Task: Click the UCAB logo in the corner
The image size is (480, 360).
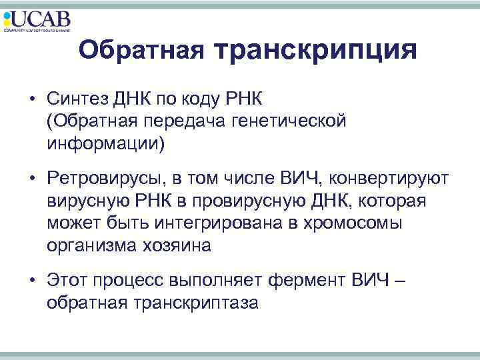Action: point(37,20)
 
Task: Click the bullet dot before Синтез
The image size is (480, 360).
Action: point(32,100)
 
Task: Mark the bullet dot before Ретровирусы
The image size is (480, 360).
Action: point(32,179)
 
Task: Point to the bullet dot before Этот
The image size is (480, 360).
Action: point(32,281)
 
